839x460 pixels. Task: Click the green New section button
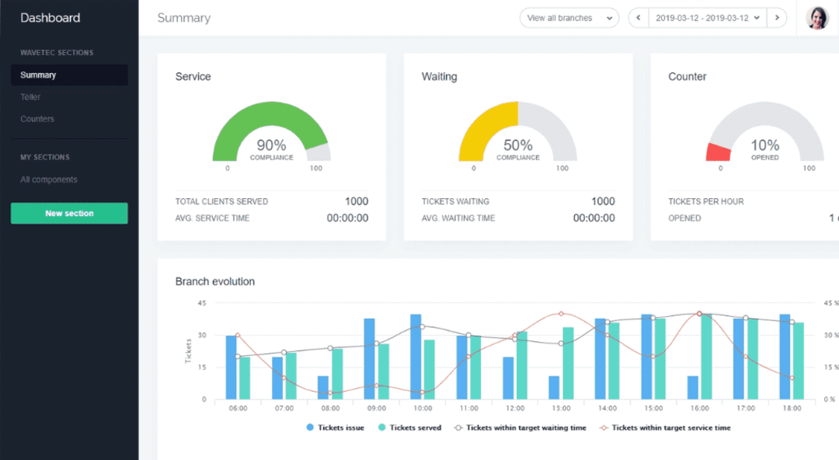click(x=69, y=214)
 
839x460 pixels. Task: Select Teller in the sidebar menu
click(x=30, y=97)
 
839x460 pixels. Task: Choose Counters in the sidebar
click(x=37, y=119)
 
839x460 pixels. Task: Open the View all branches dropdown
click(x=569, y=18)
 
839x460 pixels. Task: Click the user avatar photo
click(x=817, y=18)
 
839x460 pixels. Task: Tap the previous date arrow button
click(x=638, y=18)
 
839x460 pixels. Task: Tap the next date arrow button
click(x=777, y=18)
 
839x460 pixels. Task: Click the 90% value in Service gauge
click(x=271, y=145)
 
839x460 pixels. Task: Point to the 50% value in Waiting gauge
click(x=517, y=145)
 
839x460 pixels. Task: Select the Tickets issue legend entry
click(x=336, y=427)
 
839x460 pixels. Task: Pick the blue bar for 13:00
click(x=554, y=388)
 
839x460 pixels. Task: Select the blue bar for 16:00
click(x=692, y=388)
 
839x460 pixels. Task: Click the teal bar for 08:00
click(x=337, y=374)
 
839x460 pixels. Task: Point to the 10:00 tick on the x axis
click(x=422, y=408)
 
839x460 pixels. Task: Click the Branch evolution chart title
click(x=215, y=281)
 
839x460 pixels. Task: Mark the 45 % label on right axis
click(x=830, y=303)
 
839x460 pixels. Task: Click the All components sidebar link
click(x=49, y=179)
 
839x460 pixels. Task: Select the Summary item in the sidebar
click(x=38, y=75)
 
